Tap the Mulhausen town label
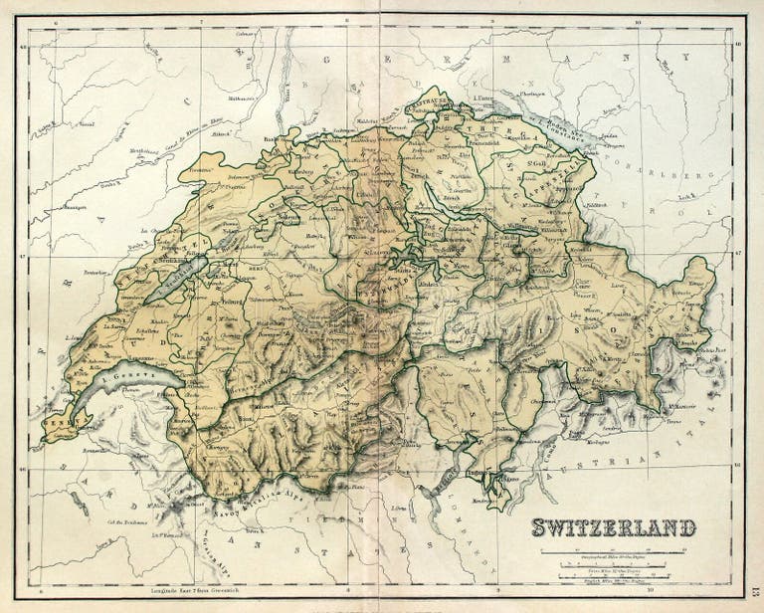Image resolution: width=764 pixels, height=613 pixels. coord(243,99)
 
